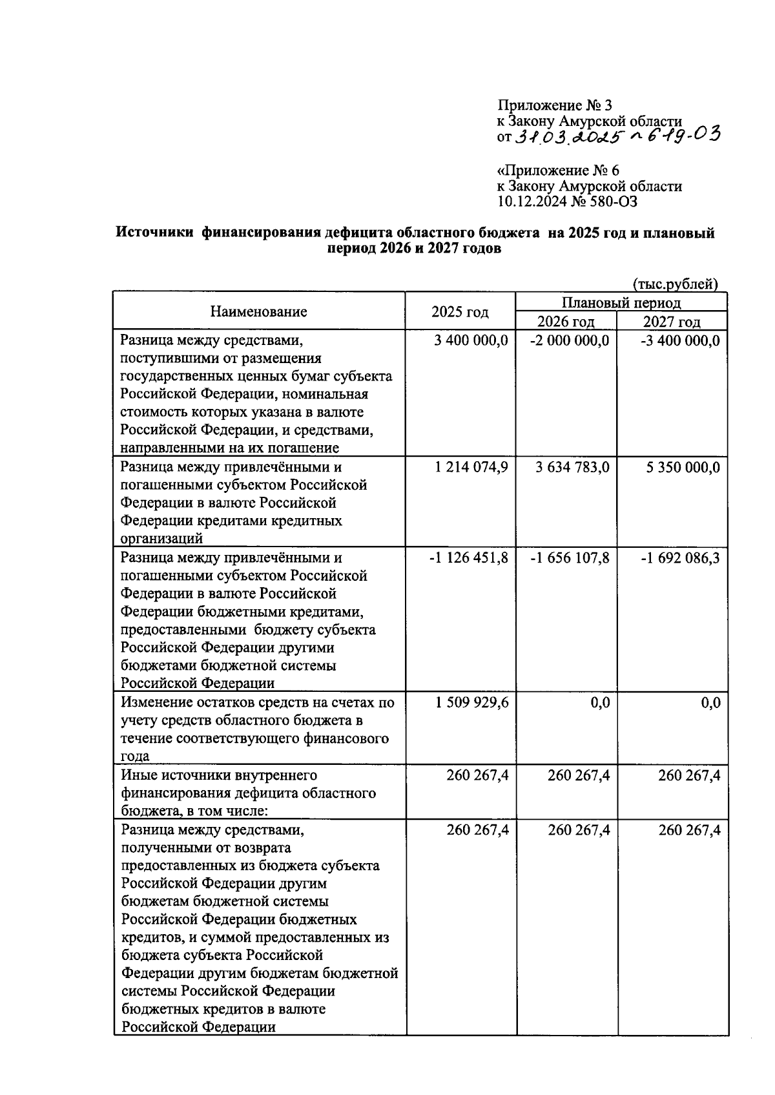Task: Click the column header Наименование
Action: pyautogui.click(x=258, y=312)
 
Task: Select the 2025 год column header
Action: pyautogui.click(x=460, y=312)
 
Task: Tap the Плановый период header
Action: pyautogui.click(x=621, y=303)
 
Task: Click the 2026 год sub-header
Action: pyautogui.click(x=566, y=322)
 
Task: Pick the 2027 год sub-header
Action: pyautogui.click(x=672, y=322)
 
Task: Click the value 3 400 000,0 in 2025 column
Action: pyautogui.click(x=471, y=340)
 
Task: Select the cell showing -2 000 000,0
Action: pyautogui.click(x=569, y=340)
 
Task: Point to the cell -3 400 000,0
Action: pyautogui.click(x=679, y=340)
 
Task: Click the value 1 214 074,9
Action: pyautogui.click(x=471, y=467)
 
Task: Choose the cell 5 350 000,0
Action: pyautogui.click(x=683, y=467)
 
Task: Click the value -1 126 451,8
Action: pyautogui.click(x=469, y=558)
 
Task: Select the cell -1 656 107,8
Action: pyautogui.click(x=569, y=558)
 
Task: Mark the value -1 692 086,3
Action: pyautogui.click(x=679, y=558)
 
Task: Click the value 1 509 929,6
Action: pyautogui.click(x=471, y=702)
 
